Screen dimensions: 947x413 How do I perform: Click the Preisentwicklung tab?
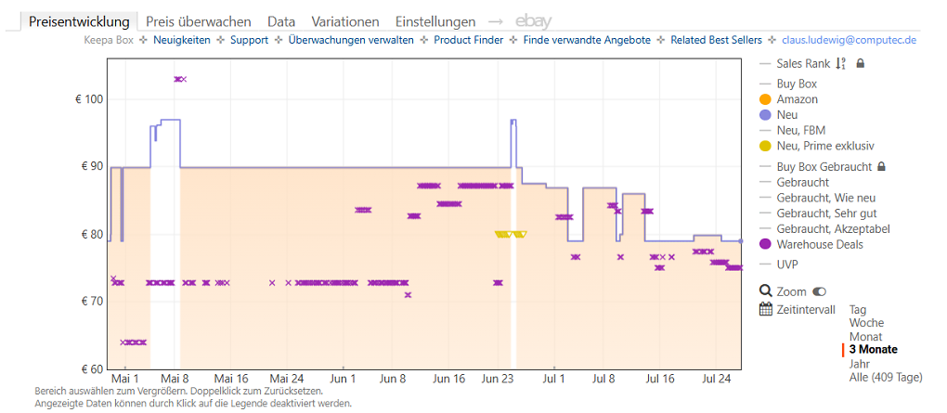pyautogui.click(x=79, y=21)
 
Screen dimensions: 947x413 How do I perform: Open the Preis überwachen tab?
pyautogui.click(x=199, y=21)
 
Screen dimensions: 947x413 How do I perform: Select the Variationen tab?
pyautogui.click(x=345, y=21)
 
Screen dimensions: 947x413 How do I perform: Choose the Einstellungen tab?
pyautogui.click(x=435, y=21)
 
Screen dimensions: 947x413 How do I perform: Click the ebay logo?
pyautogui.click(x=533, y=21)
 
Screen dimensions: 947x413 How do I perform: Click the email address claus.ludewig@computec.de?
pyautogui.click(x=849, y=41)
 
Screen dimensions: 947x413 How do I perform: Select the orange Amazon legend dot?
pyautogui.click(x=765, y=99)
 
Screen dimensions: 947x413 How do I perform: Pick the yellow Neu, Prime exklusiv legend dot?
pyautogui.click(x=765, y=146)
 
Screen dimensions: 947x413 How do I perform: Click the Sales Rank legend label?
pyautogui.click(x=803, y=63)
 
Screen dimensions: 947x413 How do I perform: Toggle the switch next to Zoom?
pyautogui.click(x=819, y=292)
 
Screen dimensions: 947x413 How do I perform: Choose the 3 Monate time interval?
pyautogui.click(x=873, y=350)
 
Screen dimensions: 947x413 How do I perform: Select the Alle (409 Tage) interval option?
pyautogui.click(x=886, y=378)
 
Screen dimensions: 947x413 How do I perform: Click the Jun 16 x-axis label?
pyautogui.click(x=450, y=380)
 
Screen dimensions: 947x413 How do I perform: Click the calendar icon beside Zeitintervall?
pyautogui.click(x=766, y=310)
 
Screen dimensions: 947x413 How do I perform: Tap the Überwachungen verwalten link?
pyautogui.click(x=352, y=41)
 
